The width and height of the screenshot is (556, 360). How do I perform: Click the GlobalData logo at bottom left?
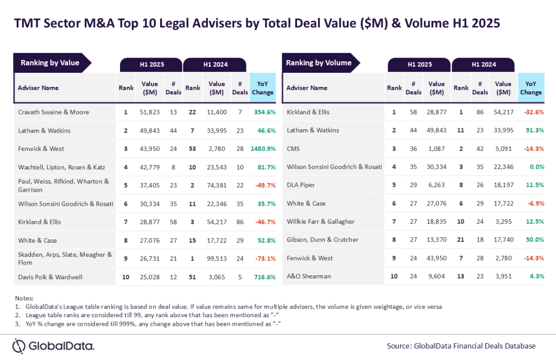pos(54,346)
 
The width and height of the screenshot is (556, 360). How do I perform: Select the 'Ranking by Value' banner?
pos(50,63)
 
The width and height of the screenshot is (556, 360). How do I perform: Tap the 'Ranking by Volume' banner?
pos(319,63)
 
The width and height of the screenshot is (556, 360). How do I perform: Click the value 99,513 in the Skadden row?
pos(217,258)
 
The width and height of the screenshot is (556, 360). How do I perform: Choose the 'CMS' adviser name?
pos(293,148)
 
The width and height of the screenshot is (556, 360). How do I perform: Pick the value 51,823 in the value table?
pos(150,112)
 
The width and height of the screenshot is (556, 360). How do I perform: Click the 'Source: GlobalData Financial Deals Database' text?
pos(461,346)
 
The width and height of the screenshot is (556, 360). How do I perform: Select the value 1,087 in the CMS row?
pos(437,148)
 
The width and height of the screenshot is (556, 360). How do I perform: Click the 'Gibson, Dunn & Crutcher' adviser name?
pos(323,240)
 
